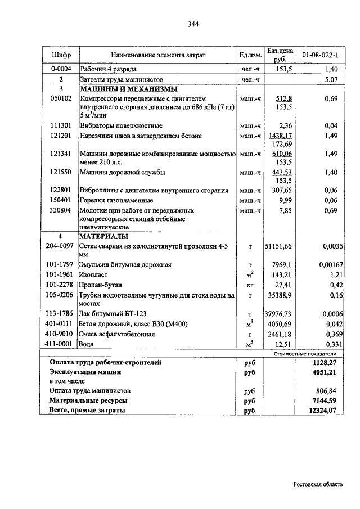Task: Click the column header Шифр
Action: [61, 55]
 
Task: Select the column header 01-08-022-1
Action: [319, 55]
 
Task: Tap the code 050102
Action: [61, 98]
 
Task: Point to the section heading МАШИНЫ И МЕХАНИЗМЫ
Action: [129, 89]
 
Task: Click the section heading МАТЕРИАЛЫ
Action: [105, 236]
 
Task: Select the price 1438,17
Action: [282, 136]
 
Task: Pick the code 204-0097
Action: [61, 246]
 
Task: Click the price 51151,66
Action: [279, 246]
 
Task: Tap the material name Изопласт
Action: [94, 274]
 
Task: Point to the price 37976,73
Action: [279, 314]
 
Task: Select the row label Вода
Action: [88, 344]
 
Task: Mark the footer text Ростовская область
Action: [318, 484]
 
